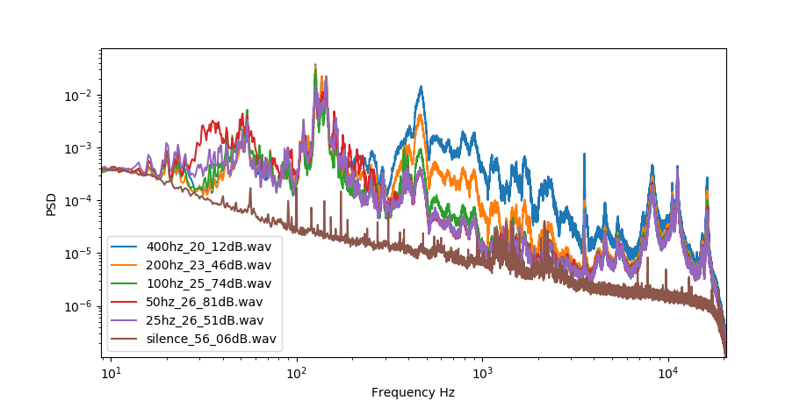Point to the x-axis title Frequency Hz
click(x=413, y=392)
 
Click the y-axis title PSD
click(x=52, y=204)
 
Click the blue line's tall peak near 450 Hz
click(x=422, y=87)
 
